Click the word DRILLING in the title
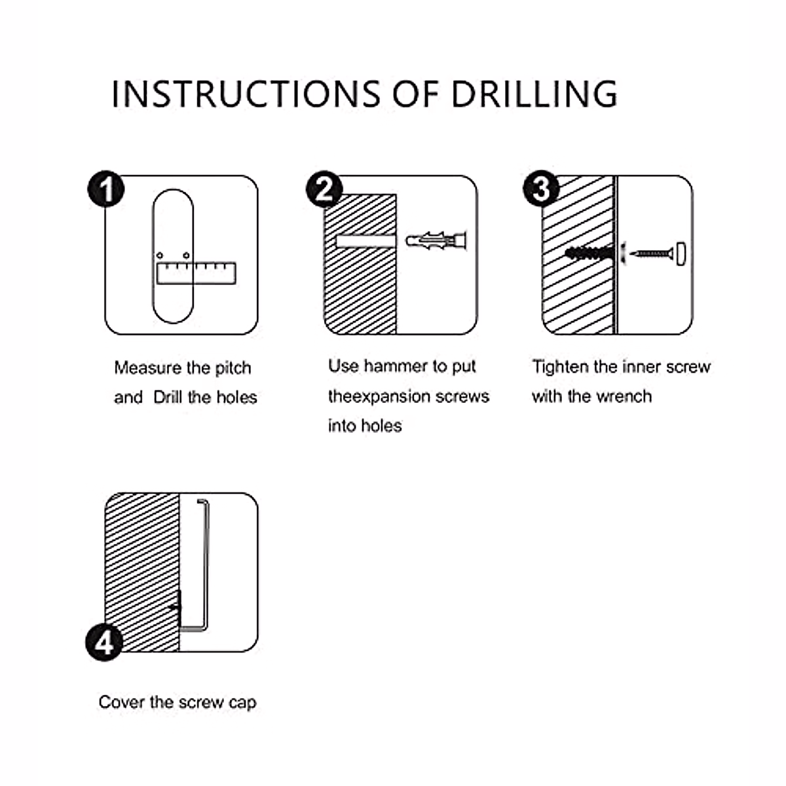click(534, 94)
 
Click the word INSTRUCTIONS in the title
click(246, 94)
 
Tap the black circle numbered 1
click(106, 189)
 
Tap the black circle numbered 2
click(324, 189)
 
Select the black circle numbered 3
click(541, 189)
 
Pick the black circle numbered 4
click(104, 643)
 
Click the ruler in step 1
click(196, 273)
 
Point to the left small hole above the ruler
click(159, 255)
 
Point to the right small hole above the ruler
click(186, 255)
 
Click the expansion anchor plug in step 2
click(436, 241)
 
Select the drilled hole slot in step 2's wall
click(366, 241)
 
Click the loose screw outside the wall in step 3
click(651, 254)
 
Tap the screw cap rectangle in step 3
click(681, 253)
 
